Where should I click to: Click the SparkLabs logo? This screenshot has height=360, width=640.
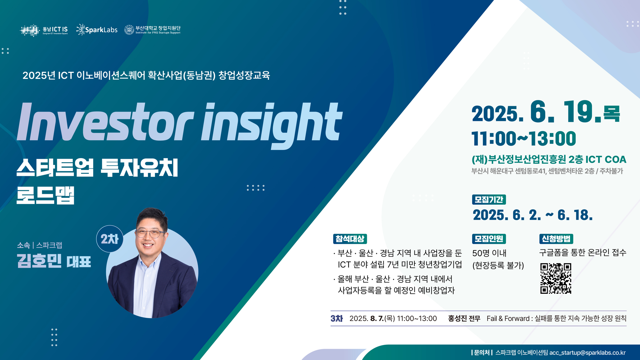[97, 30]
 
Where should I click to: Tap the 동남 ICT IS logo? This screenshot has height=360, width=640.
[44, 30]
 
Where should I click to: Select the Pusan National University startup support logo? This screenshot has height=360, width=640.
[152, 30]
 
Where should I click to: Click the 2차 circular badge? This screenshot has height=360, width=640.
[110, 239]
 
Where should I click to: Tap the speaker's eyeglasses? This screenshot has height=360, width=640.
[151, 234]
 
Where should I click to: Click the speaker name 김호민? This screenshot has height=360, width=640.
[39, 261]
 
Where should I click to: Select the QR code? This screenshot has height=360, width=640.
[556, 278]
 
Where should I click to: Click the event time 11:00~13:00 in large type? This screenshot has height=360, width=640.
[524, 138]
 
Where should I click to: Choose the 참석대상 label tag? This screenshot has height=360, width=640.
[350, 239]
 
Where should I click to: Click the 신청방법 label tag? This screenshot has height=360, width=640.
[556, 239]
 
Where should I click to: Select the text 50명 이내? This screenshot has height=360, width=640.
[489, 253]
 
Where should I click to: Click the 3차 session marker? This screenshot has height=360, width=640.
[337, 318]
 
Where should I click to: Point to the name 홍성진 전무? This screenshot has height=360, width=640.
[464, 318]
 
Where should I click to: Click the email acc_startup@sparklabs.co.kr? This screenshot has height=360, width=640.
[587, 353]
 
